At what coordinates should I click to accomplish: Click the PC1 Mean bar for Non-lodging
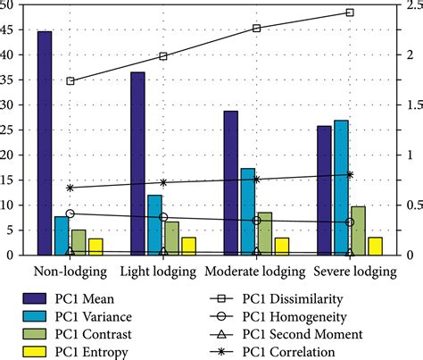click(45, 143)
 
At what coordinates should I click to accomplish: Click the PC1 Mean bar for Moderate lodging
click(231, 183)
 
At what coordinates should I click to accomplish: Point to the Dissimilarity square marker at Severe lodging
click(350, 13)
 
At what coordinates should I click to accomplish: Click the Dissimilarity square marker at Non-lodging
click(70, 81)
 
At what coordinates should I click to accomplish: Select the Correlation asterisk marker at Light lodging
click(163, 182)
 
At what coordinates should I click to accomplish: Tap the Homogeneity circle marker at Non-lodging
click(70, 213)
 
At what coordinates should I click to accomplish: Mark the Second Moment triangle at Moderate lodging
click(257, 253)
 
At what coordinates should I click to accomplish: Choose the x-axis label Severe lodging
click(349, 271)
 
